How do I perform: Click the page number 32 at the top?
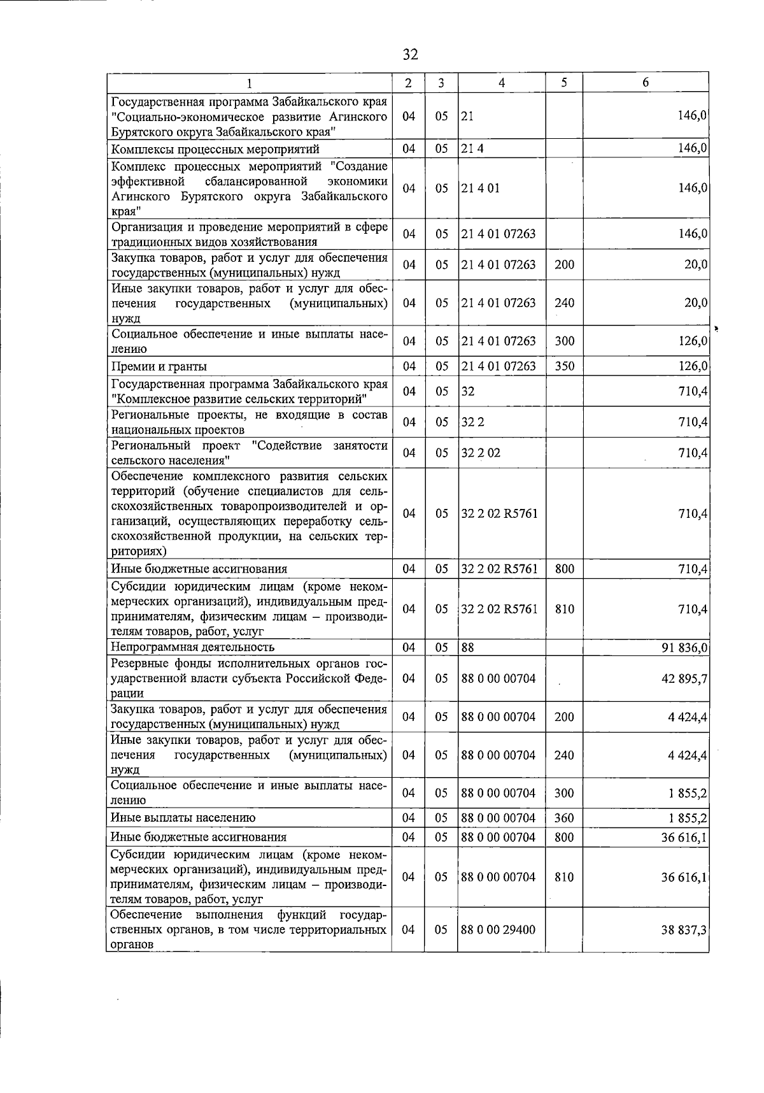[410, 55]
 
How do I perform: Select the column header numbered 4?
[502, 83]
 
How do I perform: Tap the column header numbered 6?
[646, 83]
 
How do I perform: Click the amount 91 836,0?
[685, 648]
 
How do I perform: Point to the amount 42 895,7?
[685, 679]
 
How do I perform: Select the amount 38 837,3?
[685, 930]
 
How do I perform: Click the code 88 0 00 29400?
[499, 930]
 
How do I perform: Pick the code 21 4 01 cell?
[481, 189]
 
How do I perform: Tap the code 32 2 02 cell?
[481, 453]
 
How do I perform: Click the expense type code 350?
[564, 366]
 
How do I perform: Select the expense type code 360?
[564, 818]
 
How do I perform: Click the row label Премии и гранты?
[159, 366]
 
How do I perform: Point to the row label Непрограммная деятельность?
[192, 648]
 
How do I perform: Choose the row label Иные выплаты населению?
[183, 818]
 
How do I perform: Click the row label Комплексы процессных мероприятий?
[215, 149]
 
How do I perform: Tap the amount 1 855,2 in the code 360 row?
[689, 818]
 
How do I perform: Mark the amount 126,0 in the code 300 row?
[693, 341]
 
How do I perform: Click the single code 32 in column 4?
[468, 391]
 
